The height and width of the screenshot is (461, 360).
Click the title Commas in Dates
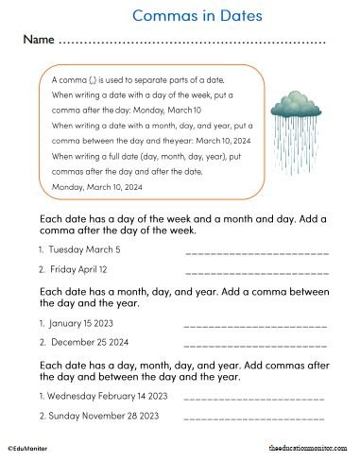pyautogui.click(x=197, y=16)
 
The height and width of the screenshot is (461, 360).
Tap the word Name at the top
pyautogui.click(x=38, y=42)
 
